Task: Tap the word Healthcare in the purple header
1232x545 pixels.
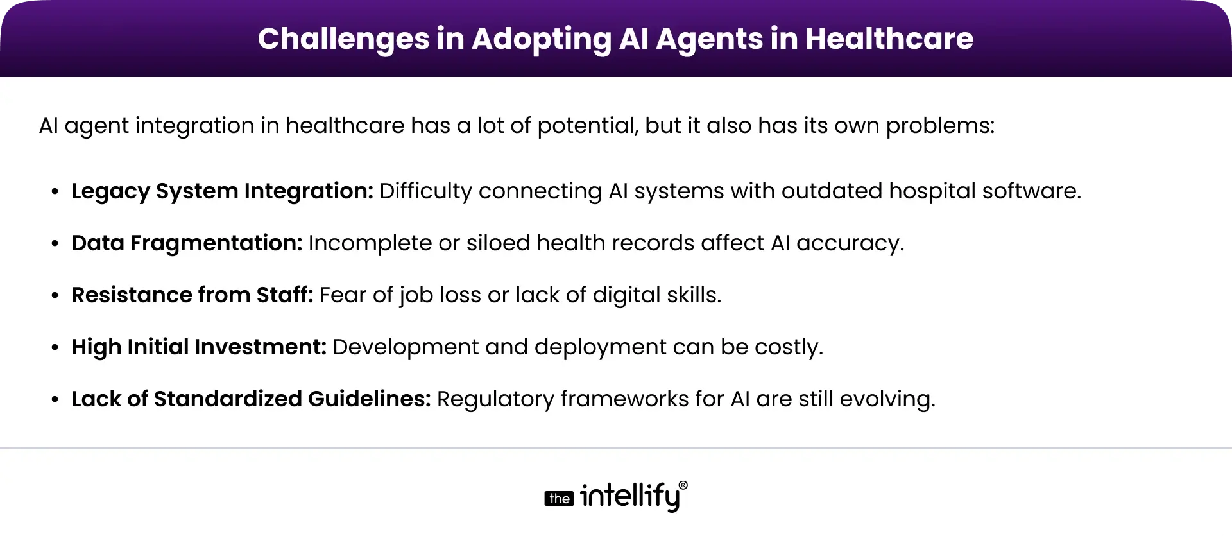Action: (x=889, y=39)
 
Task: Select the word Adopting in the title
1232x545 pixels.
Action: (x=542, y=39)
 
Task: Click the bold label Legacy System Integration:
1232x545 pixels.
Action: (x=222, y=191)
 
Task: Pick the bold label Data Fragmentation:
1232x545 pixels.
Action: (x=187, y=243)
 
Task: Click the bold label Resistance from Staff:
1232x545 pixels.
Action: (x=192, y=295)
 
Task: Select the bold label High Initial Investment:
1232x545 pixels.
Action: (x=199, y=347)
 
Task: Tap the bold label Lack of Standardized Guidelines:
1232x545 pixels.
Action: (x=251, y=399)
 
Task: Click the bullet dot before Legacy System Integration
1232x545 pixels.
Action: (x=55, y=192)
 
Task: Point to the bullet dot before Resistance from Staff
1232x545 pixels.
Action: (x=55, y=296)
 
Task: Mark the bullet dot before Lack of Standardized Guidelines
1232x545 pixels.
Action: (x=55, y=400)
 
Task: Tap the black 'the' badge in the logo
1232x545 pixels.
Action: (x=559, y=499)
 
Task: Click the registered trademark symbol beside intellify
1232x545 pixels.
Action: (x=683, y=486)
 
